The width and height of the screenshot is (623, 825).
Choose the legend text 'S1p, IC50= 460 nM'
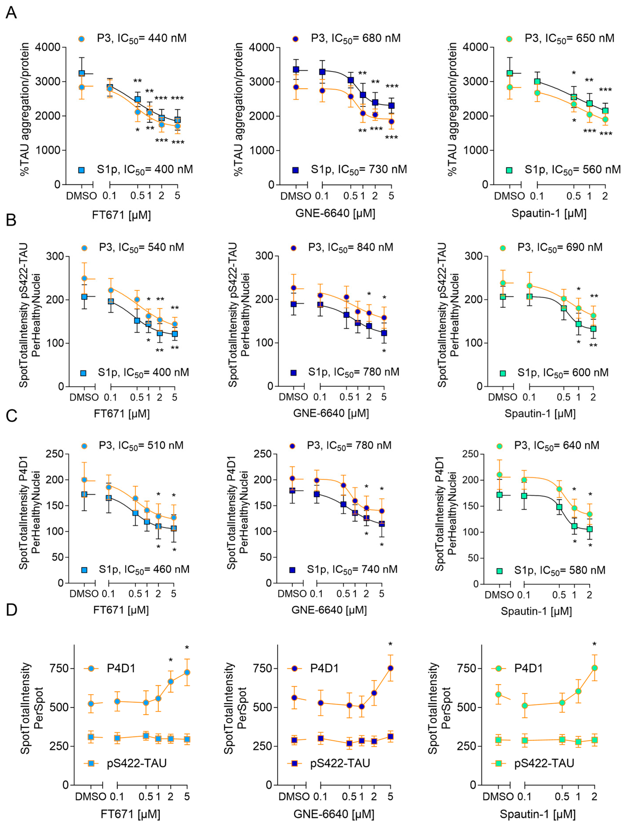click(x=144, y=570)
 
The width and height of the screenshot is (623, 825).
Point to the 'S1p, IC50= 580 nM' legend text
click(x=560, y=570)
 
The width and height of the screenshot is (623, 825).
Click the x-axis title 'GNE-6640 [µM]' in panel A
click(x=335, y=213)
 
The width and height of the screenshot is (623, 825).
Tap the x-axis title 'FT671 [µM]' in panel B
click(x=122, y=414)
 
